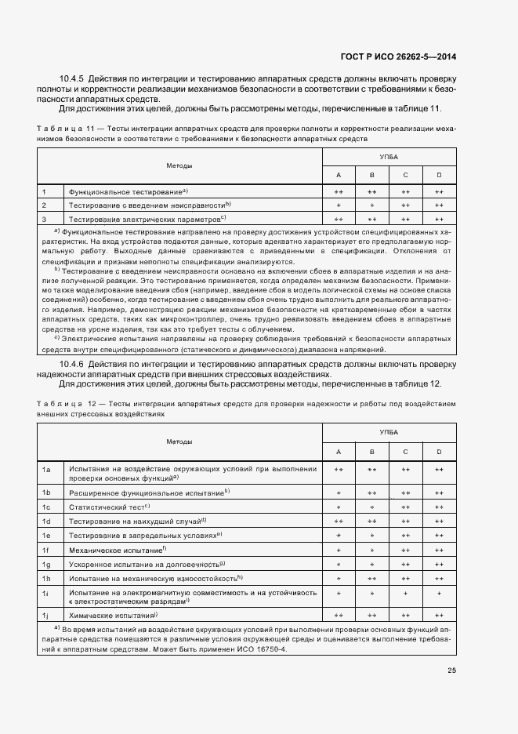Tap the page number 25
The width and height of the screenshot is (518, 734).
451,670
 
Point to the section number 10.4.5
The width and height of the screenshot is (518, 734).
73,79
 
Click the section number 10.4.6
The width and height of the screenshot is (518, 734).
73,365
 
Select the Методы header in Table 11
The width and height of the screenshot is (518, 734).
179,165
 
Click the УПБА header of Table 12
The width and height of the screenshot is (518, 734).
389,432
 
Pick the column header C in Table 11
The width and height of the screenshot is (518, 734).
405,174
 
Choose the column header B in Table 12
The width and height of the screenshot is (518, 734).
372,452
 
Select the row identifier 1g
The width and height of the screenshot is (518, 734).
46,564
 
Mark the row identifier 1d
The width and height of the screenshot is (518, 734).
46,521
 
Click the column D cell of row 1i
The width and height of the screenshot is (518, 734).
439,595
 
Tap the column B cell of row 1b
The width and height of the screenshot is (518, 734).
372,492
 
